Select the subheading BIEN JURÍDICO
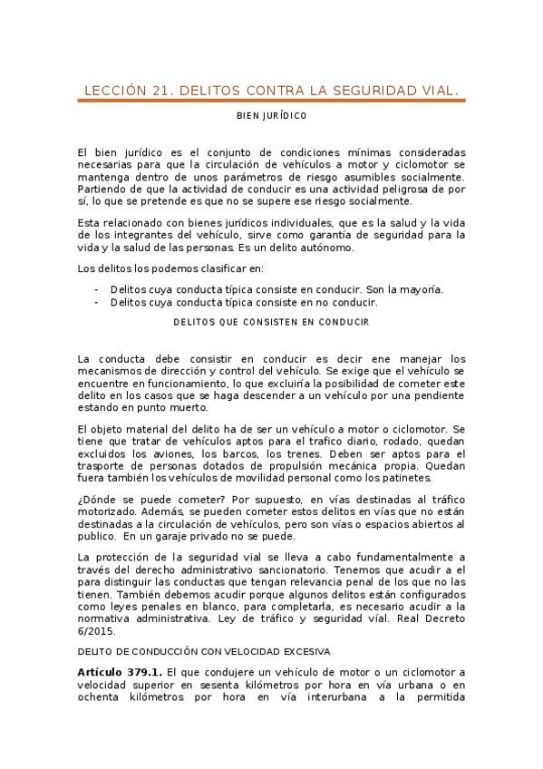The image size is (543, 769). [x=271, y=116]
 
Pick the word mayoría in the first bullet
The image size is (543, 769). [x=421, y=289]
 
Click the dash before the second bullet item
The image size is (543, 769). [x=96, y=302]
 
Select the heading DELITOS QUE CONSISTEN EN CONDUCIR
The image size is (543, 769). [x=271, y=321]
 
